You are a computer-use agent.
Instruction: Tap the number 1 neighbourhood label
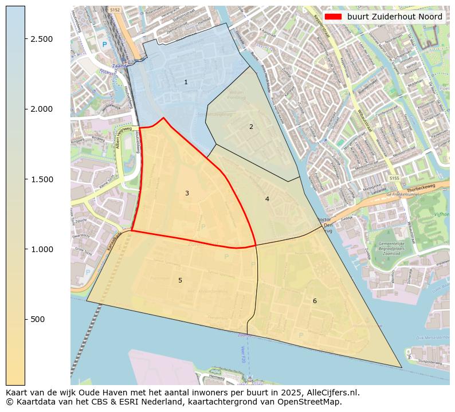click(x=186, y=83)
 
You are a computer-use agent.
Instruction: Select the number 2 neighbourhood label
click(x=251, y=127)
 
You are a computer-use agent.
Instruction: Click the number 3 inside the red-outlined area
click(x=187, y=194)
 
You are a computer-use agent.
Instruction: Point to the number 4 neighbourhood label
click(x=267, y=199)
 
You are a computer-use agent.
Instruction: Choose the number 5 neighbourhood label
click(x=180, y=280)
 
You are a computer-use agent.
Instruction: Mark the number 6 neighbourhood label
click(x=314, y=301)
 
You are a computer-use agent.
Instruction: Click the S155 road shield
click(x=394, y=179)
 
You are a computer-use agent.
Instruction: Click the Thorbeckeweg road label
click(x=421, y=189)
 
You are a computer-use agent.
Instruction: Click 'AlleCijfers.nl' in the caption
click(x=331, y=393)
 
